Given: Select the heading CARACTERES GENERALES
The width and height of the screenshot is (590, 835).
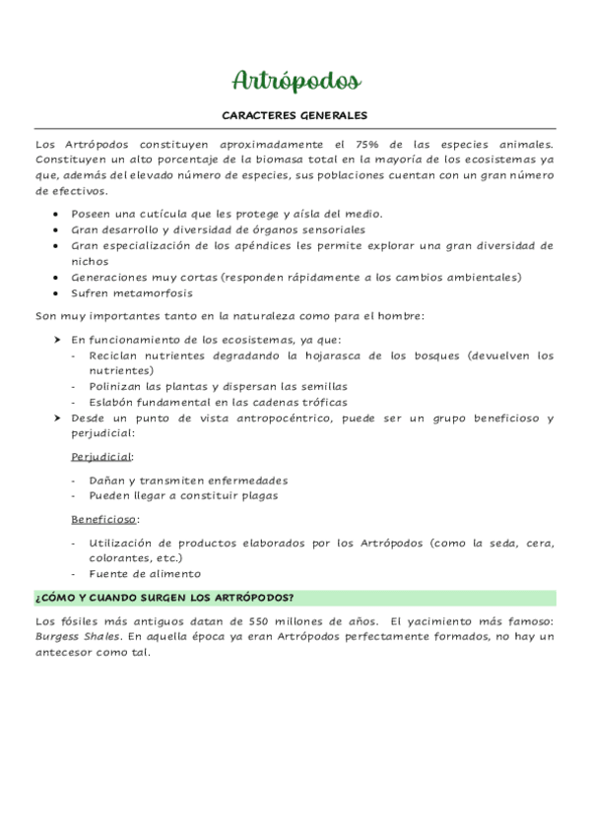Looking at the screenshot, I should [x=295, y=114].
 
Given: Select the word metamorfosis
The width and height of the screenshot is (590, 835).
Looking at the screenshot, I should [x=160, y=292].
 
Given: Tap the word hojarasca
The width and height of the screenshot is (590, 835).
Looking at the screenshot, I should [x=318, y=354].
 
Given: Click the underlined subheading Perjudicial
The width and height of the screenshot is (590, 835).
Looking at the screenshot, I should [x=101, y=457].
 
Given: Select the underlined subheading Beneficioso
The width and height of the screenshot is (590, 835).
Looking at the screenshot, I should [x=103, y=518].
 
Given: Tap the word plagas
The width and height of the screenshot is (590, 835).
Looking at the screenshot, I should [x=256, y=495].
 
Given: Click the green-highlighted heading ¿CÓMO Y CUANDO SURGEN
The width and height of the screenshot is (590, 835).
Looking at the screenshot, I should [x=164, y=598].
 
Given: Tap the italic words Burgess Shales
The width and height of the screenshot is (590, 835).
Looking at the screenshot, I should [x=77, y=636].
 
